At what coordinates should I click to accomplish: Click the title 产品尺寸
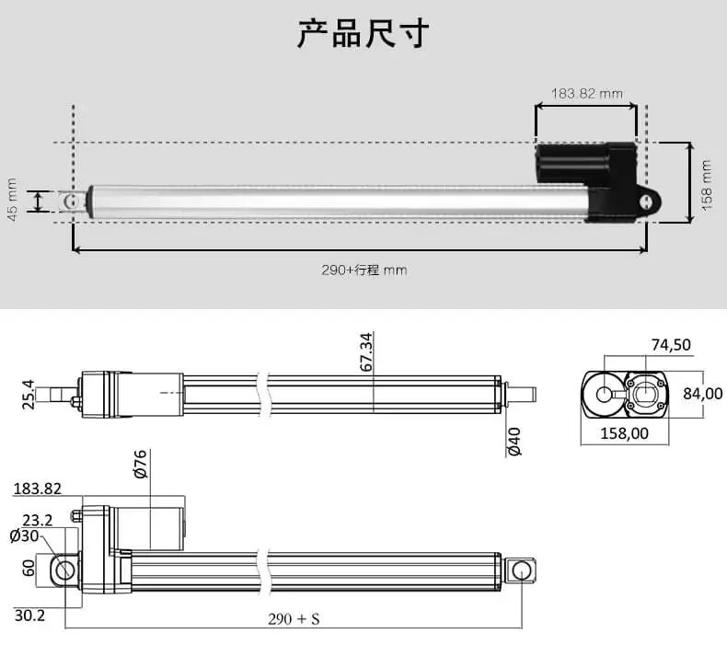click(x=363, y=33)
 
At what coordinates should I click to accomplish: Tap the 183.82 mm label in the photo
click(x=587, y=93)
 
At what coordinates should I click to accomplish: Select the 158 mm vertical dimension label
click(x=707, y=184)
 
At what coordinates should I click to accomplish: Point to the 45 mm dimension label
click(x=13, y=201)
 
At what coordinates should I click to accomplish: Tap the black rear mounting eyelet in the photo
click(x=651, y=201)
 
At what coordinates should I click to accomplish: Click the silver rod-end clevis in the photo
click(x=72, y=200)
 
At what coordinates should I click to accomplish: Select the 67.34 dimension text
click(x=366, y=352)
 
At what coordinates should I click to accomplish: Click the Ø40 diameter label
click(x=514, y=442)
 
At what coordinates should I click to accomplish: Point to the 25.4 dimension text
click(x=28, y=394)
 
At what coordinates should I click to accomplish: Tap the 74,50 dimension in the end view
click(x=671, y=345)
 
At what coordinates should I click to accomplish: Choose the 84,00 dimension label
click(x=703, y=394)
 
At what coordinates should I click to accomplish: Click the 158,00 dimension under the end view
click(x=626, y=433)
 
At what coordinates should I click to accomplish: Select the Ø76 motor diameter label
click(x=141, y=464)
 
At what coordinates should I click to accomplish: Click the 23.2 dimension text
click(x=38, y=519)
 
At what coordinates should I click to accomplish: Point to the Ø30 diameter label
click(x=23, y=535)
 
